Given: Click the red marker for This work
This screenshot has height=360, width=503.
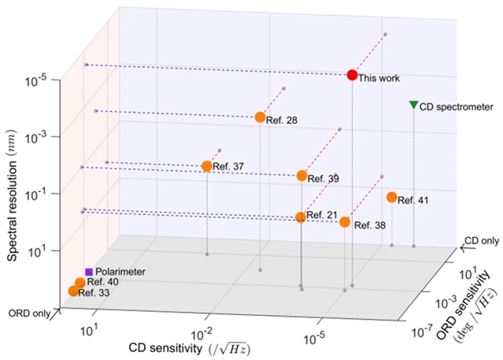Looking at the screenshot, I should point(353,75).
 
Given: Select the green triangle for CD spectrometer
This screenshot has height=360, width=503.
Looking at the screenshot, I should point(414,105).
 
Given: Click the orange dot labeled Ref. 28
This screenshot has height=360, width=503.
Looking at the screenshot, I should point(260,117).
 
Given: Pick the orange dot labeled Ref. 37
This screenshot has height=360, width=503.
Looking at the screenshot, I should point(206,166).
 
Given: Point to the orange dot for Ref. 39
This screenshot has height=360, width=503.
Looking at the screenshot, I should point(301,176).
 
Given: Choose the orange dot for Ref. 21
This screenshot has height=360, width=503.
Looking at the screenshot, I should point(300,217).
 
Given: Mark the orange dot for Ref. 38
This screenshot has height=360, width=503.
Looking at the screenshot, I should point(345,222).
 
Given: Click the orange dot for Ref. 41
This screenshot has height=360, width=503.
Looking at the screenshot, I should point(391,197).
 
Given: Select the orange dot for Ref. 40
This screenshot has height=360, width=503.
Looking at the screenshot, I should point(80,283).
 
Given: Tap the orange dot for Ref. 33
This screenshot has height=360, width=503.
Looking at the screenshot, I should point(74,291).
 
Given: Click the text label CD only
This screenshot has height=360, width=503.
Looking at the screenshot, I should point(481,239).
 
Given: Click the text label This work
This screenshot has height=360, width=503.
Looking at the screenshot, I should point(379,78).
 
